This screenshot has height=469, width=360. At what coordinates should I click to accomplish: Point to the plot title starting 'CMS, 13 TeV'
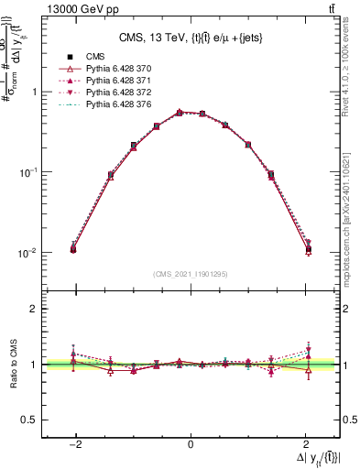[191, 38]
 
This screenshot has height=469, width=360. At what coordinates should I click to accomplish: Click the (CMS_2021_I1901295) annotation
[191, 274]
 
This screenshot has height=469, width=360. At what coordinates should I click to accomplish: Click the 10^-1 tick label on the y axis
[29, 172]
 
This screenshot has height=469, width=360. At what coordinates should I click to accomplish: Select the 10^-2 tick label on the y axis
[29, 253]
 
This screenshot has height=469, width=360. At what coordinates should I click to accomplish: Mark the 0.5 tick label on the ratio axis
[27, 420]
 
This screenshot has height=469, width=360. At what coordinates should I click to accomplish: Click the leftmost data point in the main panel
[73, 248]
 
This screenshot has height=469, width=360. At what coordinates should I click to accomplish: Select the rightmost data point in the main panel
[308, 248]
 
